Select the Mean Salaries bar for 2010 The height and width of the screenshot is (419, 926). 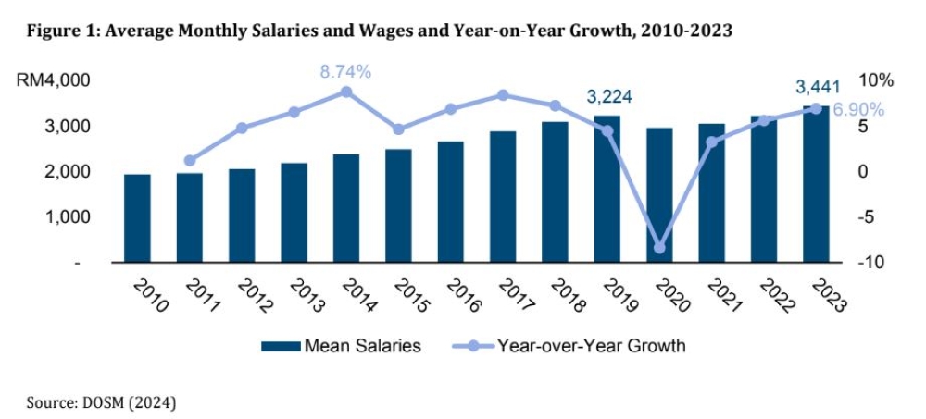tap(137, 219)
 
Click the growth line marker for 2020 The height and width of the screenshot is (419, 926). tap(659, 248)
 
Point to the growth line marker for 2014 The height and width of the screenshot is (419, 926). tap(346, 92)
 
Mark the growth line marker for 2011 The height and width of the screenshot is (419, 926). tap(190, 160)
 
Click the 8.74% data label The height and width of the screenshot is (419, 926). tap(345, 70)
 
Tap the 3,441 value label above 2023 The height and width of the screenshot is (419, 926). tap(818, 87)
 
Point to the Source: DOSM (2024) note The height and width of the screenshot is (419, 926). tap(101, 402)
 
